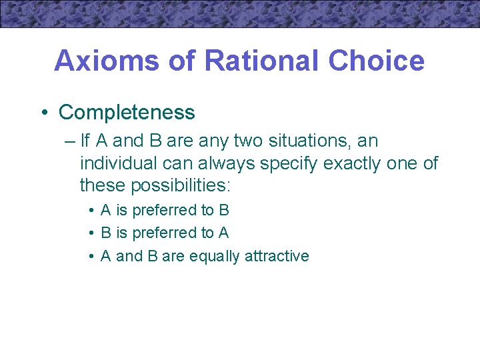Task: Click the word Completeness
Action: click(x=127, y=113)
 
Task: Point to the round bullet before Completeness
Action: click(x=43, y=113)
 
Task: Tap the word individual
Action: click(x=115, y=163)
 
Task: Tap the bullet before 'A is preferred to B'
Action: click(x=91, y=211)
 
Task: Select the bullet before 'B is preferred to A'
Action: click(x=91, y=233)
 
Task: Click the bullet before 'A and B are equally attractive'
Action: click(x=91, y=256)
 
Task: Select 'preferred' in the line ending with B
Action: click(x=164, y=211)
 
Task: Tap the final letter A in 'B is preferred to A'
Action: click(x=223, y=233)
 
